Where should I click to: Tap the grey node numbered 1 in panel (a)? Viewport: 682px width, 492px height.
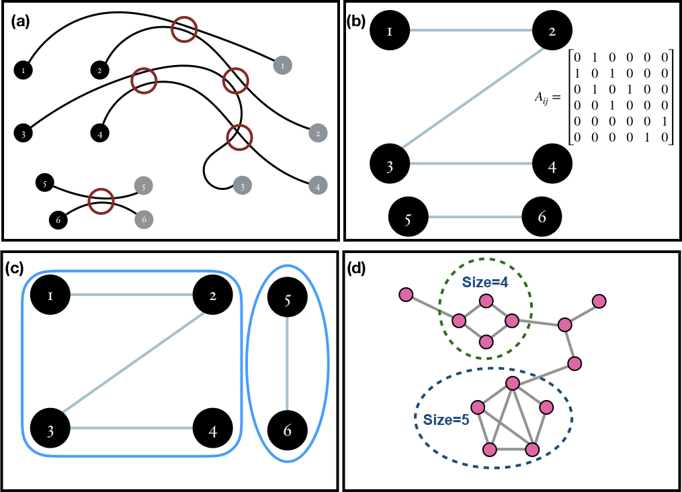tap(283, 66)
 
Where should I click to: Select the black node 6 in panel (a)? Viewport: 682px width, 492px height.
tap(58, 219)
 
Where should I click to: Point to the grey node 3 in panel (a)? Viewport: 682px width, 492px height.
tap(242, 186)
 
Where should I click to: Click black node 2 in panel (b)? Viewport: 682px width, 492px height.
tap(552, 30)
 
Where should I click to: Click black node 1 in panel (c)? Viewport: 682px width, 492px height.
tap(51, 295)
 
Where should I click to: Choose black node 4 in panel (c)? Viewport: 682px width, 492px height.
tap(212, 429)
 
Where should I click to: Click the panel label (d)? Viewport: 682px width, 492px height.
tap(355, 268)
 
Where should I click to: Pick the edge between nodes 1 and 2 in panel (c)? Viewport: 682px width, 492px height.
tap(132, 295)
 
